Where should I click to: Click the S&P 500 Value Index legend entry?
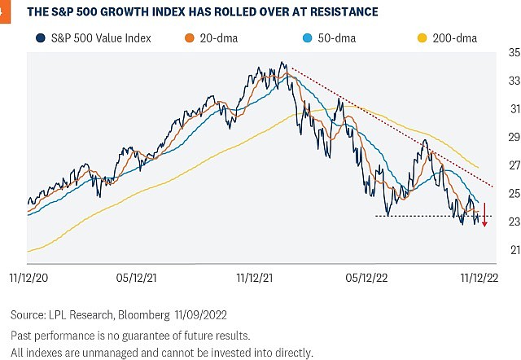95,37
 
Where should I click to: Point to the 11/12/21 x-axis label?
256,277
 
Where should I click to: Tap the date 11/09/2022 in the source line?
201,314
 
